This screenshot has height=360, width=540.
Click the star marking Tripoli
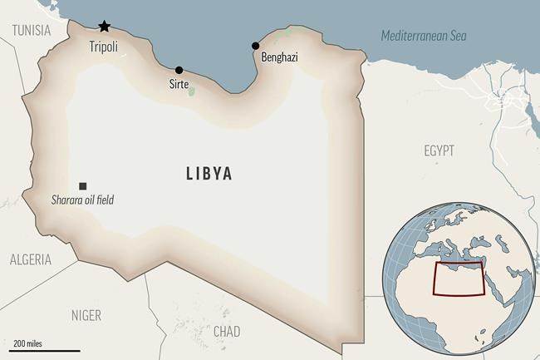(x=104, y=27)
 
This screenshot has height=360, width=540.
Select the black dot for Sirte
(x=179, y=70)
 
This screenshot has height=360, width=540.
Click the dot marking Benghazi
(x=255, y=46)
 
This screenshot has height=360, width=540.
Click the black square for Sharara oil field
(x=82, y=186)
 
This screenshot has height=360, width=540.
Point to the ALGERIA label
(x=31, y=259)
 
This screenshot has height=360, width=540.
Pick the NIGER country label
(x=86, y=315)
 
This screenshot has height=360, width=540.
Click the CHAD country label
(x=227, y=331)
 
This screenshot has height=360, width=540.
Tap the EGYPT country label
(x=439, y=150)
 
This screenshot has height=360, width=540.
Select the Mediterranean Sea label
(x=424, y=36)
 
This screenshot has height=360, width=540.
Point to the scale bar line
(x=46, y=350)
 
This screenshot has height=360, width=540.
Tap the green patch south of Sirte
(x=192, y=88)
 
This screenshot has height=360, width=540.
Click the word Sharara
(x=63, y=200)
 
